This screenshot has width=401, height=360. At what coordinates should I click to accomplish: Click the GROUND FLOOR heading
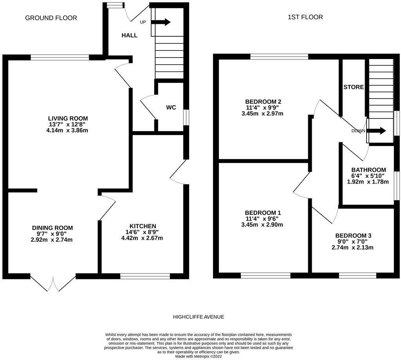[51, 18]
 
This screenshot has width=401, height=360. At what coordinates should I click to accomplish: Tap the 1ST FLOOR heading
[305, 17]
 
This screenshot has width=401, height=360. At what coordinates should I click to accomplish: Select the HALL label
[129, 35]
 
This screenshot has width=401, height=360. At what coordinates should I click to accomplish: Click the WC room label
[171, 107]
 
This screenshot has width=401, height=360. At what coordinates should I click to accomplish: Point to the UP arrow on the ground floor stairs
[161, 22]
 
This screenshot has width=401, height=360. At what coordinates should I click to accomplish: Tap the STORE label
[354, 87]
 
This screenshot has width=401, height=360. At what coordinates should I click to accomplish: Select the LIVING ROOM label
[68, 119]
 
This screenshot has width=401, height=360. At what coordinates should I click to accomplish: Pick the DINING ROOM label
[52, 228]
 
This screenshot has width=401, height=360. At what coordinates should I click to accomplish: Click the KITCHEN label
[143, 226]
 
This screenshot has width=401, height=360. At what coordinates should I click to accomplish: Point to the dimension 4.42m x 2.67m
[142, 238]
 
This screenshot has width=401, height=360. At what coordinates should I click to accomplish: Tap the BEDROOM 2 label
[263, 102]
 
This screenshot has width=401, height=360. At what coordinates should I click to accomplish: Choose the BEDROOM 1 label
[263, 213]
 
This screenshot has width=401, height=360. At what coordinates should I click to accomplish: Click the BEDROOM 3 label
[354, 236]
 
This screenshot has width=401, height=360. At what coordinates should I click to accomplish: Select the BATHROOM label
[368, 170]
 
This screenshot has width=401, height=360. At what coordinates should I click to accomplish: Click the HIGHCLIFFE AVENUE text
[199, 317]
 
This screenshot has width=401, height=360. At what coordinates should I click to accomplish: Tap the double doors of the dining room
[53, 283]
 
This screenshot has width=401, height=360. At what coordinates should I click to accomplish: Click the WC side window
[186, 117]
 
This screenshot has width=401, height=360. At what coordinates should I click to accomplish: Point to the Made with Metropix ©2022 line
[199, 356]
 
